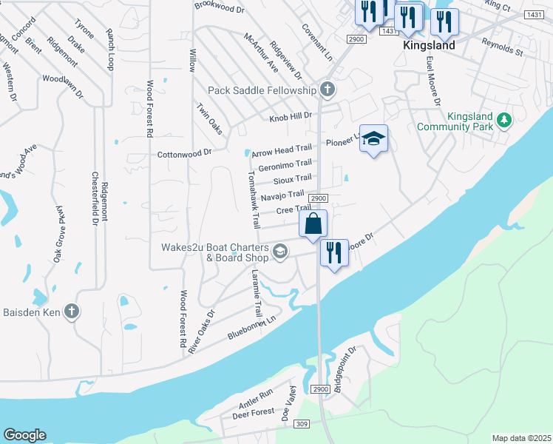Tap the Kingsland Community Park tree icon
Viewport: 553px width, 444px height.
503,119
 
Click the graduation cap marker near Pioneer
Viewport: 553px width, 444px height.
374,138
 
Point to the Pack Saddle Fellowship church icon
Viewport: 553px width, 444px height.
328,90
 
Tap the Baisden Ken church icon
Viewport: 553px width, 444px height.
71,311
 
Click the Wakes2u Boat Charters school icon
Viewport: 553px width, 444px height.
279,252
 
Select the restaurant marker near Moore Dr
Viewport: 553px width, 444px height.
334,252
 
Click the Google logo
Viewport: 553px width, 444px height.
24,435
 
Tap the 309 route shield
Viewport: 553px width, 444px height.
301,423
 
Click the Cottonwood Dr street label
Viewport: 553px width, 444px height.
185,154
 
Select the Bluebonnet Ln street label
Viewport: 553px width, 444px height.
251,326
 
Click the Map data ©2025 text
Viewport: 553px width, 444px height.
521,438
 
